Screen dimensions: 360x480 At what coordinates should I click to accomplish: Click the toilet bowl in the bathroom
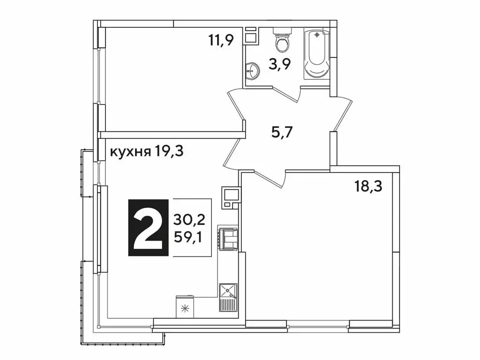(x=282, y=45)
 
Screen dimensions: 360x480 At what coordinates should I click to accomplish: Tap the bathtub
(x=318, y=54)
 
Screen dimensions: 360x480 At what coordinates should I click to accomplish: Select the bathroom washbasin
(x=252, y=71)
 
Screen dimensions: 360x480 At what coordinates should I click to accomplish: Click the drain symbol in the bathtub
(x=318, y=35)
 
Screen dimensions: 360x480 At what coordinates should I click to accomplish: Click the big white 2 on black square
(x=148, y=228)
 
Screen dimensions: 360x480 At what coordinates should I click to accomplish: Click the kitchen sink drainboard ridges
(x=229, y=305)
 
